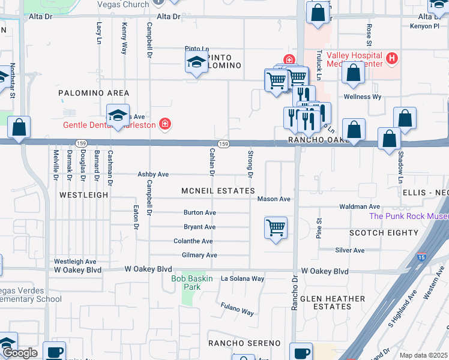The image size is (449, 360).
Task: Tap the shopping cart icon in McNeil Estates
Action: click(276, 228)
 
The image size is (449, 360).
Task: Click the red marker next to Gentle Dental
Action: click(164, 125)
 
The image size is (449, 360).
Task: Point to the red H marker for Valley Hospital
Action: click(392, 58)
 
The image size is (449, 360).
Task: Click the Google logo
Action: click(20, 353)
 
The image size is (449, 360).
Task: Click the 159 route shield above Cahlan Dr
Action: click(223, 143)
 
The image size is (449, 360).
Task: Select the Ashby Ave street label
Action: click(153, 174)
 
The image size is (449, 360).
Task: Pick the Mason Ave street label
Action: click(274, 199)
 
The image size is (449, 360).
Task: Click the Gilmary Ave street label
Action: click(199, 255)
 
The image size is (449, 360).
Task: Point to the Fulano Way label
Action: click(237, 308)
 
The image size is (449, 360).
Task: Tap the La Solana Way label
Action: click(243, 278)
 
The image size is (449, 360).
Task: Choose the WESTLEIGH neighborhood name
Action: click(83, 195)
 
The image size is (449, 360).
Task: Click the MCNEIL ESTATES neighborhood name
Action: click(218, 191)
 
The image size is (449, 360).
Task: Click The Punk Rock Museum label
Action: click(408, 216)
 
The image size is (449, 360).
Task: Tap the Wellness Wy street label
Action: click(362, 97)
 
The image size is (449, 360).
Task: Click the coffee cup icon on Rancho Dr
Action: click(301, 352)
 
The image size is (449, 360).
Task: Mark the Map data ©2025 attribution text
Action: click(423, 355)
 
